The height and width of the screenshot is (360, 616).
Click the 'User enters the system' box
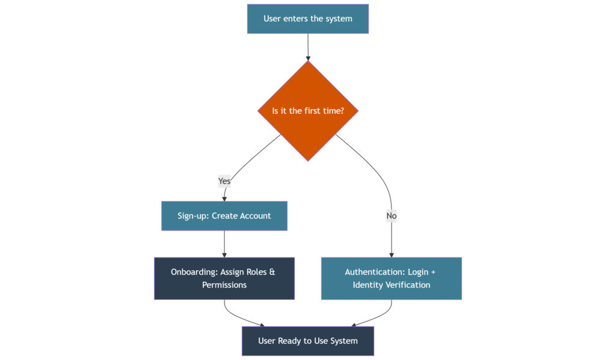pyautogui.click(x=307, y=19)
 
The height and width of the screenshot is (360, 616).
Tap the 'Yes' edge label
pyautogui.click(x=224, y=181)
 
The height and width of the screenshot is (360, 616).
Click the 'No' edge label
pyautogui.click(x=392, y=216)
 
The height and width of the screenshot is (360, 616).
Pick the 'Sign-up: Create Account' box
pyautogui.click(x=224, y=216)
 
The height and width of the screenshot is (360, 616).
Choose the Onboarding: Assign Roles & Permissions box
pyautogui.click(x=224, y=278)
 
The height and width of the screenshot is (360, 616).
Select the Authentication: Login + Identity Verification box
pyautogui.click(x=392, y=278)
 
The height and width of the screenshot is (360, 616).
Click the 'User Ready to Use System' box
pyautogui.click(x=308, y=341)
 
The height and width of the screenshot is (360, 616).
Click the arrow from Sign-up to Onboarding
pyautogui.click(x=224, y=243)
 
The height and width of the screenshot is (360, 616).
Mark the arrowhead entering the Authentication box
pyautogui.click(x=392, y=255)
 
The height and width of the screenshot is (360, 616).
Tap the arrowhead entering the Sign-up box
pyautogui.click(x=224, y=198)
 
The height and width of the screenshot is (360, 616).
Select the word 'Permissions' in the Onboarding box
pyautogui.click(x=224, y=285)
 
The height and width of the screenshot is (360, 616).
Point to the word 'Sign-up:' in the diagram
pyautogui.click(x=193, y=216)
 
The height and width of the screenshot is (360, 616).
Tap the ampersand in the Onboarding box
pyautogui.click(x=273, y=272)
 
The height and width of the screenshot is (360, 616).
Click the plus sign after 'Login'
pyautogui.click(x=433, y=272)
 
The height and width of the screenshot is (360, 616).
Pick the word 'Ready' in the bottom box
pyautogui.click(x=289, y=341)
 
